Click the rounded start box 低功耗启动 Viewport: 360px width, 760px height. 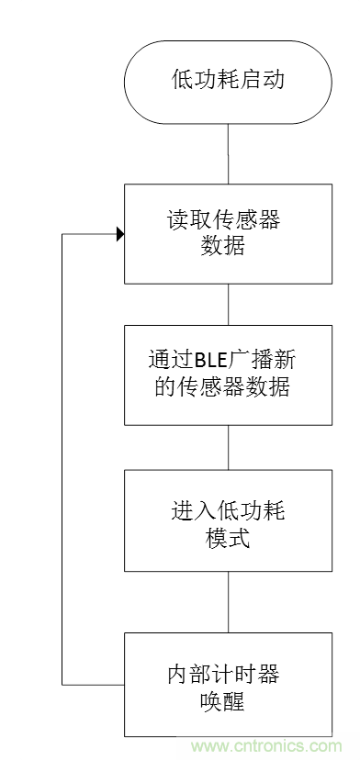pyautogui.click(x=228, y=80)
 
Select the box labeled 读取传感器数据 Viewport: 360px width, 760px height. pyautogui.click(x=228, y=233)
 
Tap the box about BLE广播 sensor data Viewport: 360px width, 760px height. pyautogui.click(x=228, y=374)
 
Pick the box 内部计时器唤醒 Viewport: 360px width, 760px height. pyautogui.click(x=228, y=684)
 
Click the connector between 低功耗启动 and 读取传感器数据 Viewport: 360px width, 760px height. pyautogui.click(x=228, y=151)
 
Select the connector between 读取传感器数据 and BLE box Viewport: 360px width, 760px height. pyautogui.click(x=228, y=304)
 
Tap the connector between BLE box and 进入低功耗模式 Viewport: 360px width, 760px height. pyautogui.click(x=228, y=449)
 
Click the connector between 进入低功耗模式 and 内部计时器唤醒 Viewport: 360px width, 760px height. pyautogui.click(x=228, y=602)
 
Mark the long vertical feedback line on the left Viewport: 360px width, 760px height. pyautogui.click(x=62, y=459)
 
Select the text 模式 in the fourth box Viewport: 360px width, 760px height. pyautogui.click(x=228, y=538)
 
